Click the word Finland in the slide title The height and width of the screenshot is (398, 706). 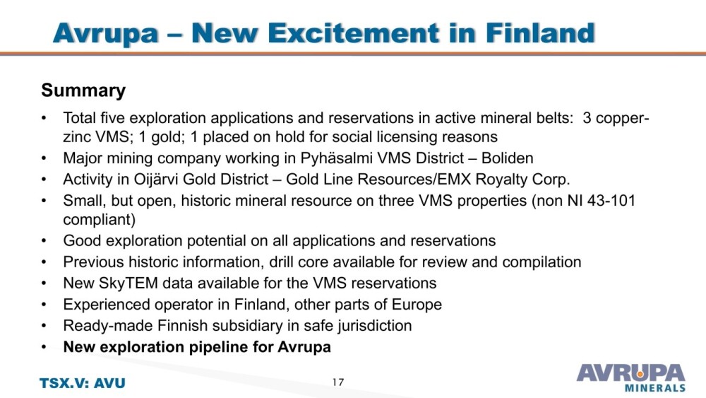(x=540, y=33)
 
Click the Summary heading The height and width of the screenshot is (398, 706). (x=83, y=90)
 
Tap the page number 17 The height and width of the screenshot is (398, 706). (x=338, y=382)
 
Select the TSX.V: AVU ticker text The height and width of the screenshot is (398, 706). (x=83, y=383)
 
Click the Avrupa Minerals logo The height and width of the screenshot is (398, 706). (x=630, y=377)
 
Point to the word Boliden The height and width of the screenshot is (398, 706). (x=507, y=158)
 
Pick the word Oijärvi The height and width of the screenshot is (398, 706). (x=156, y=180)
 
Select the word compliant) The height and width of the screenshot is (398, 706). (x=99, y=220)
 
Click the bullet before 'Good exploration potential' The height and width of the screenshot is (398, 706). (x=44, y=241)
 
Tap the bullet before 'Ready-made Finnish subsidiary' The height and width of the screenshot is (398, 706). (x=44, y=326)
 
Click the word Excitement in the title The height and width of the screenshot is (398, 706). (x=315, y=33)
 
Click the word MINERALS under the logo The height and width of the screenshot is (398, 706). (x=655, y=387)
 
